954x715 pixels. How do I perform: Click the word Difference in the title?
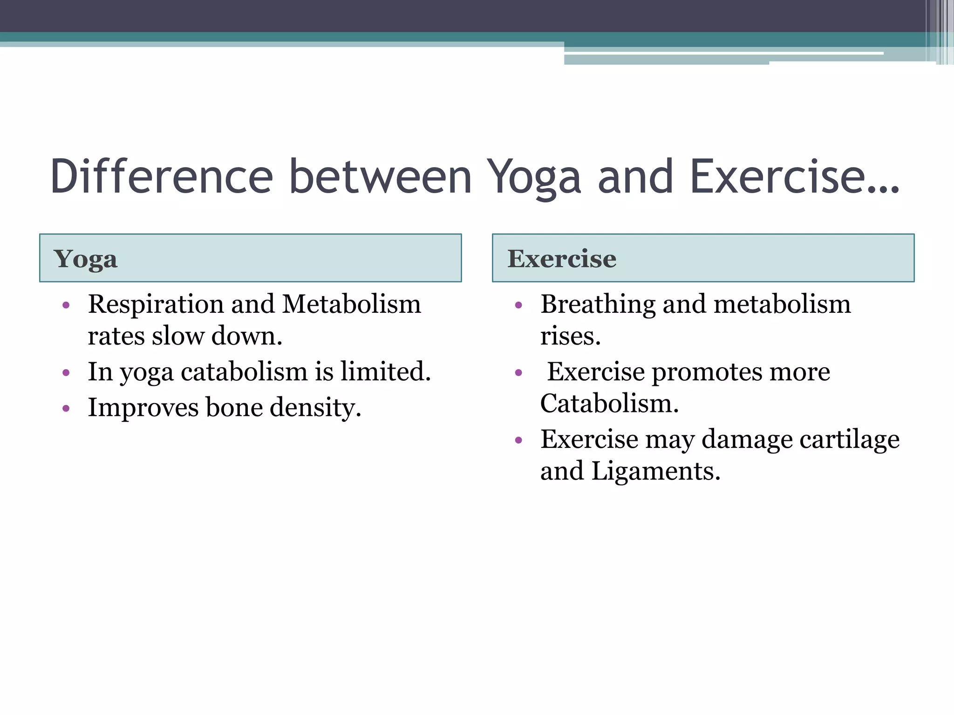161,177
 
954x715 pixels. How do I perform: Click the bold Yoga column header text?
85,259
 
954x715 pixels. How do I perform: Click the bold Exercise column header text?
561,259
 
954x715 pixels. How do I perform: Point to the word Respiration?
156,304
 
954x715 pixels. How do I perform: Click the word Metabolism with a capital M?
351,304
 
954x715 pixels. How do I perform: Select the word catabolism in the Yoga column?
244,372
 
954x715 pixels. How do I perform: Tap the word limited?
385,372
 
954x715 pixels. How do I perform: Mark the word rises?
570,336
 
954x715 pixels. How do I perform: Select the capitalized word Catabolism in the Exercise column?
609,404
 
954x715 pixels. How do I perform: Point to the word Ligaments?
655,472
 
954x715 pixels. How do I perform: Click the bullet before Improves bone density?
66,409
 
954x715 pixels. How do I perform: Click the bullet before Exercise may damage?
518,440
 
